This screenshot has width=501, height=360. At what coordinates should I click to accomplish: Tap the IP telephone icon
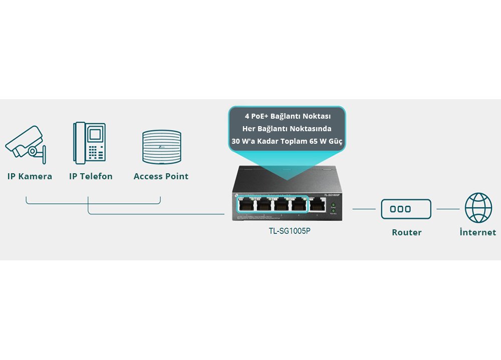click(90, 143)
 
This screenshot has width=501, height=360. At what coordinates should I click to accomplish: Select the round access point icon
click(161, 147)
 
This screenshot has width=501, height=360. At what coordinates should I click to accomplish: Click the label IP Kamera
click(30, 176)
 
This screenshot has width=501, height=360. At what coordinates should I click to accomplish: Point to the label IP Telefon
click(91, 176)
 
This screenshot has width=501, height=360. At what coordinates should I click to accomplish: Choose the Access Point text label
click(161, 176)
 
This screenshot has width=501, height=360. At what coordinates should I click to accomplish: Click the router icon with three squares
click(406, 209)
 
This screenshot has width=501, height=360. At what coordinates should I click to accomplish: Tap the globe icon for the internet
click(478, 208)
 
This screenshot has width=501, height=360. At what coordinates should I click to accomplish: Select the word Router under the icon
click(406, 232)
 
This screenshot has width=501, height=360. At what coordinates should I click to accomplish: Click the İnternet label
click(477, 232)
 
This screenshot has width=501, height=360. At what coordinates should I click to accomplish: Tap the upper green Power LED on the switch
click(333, 205)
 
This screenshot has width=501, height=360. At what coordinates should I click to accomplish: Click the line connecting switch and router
click(364, 209)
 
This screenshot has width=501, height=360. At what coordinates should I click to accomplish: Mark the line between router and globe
click(448, 209)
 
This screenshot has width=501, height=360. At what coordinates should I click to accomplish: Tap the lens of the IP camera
click(33, 151)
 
